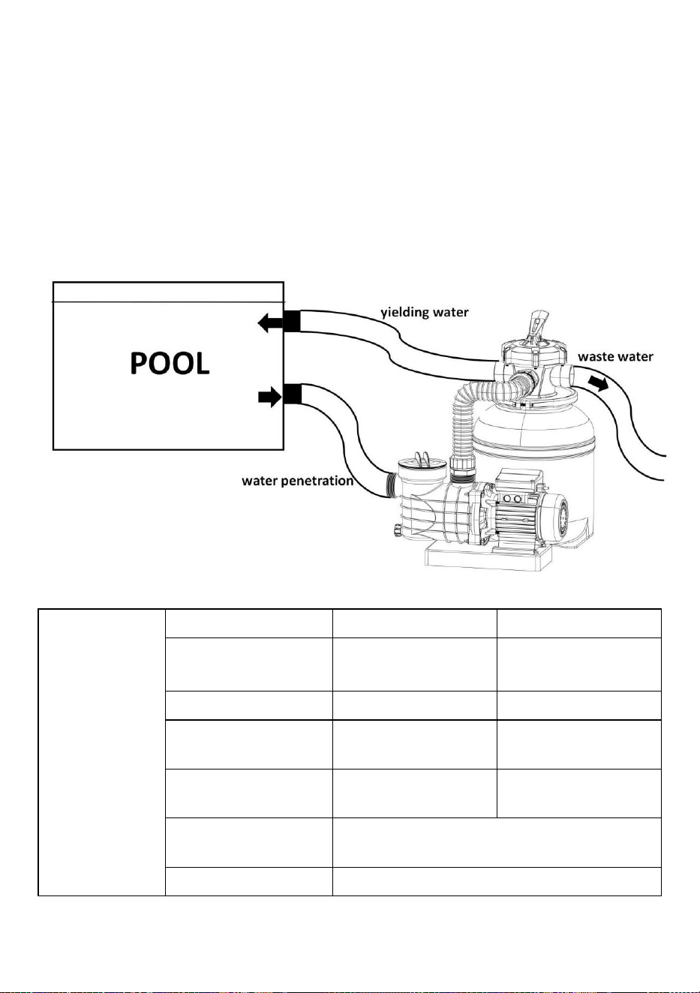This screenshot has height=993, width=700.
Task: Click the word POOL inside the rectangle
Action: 170,364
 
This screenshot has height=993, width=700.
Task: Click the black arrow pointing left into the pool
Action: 270,322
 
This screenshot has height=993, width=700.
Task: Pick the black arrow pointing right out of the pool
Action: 270,397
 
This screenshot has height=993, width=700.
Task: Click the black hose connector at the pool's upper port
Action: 291,321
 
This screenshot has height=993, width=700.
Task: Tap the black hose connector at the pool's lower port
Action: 293,394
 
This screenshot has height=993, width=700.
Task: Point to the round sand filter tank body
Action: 533,443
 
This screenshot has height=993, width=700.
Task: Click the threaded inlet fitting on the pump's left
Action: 391,485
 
